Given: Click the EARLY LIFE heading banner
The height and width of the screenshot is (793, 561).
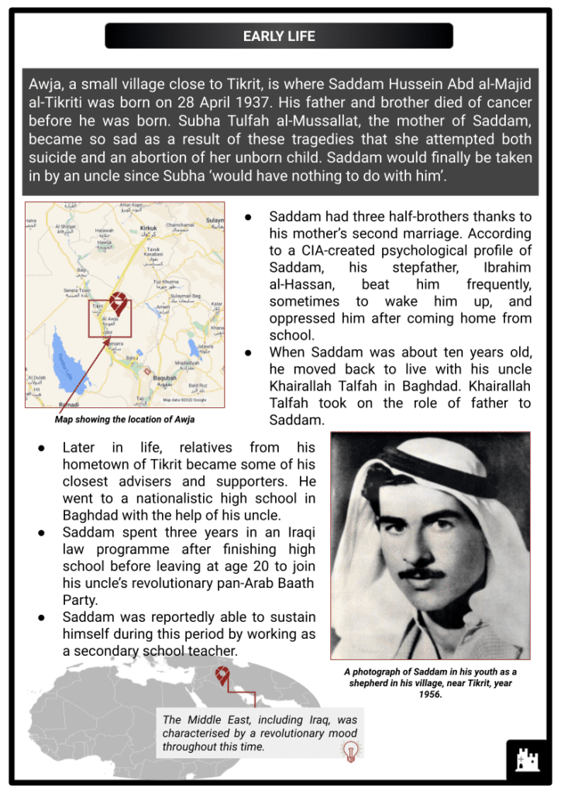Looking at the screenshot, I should (279, 36).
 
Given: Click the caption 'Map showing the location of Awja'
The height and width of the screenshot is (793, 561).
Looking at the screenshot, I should (124, 420).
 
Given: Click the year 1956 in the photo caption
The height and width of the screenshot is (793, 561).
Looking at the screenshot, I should (430, 695).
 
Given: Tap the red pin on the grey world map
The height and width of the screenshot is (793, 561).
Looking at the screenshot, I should (223, 675).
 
